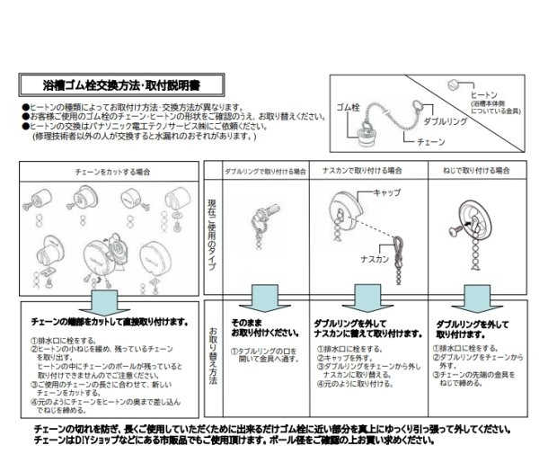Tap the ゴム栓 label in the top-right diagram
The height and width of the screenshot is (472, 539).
[x=348, y=107]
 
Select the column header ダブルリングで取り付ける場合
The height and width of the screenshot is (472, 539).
[x=265, y=169]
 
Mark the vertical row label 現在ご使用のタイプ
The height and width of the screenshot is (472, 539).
[x=214, y=229]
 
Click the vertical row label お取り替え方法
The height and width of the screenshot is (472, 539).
[x=214, y=357]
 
